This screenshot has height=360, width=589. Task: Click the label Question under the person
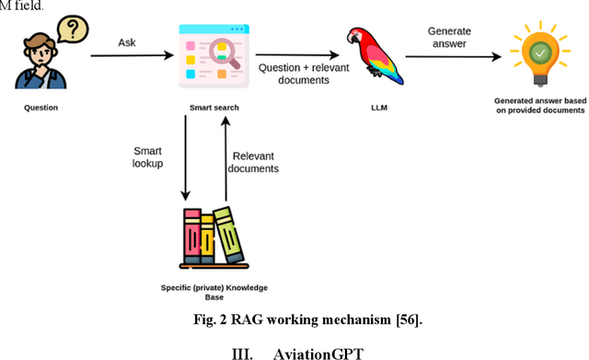[40, 108]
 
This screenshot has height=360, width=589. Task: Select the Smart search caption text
[214, 108]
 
